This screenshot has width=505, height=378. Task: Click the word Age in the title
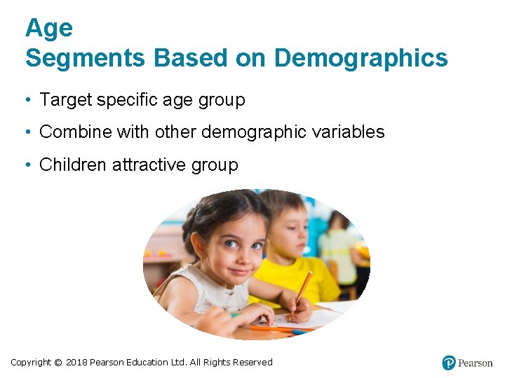coord(48,28)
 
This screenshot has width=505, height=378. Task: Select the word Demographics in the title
coord(361,58)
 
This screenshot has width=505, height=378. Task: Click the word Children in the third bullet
coord(73,164)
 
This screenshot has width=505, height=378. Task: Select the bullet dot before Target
coord(26,100)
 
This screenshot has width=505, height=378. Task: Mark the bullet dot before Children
coord(26,164)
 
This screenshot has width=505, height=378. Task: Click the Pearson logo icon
coord(449,363)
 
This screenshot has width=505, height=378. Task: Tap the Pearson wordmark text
coord(476,363)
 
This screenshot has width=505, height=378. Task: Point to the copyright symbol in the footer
coord(58,362)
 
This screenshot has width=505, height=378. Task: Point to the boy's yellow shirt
coord(295,276)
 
